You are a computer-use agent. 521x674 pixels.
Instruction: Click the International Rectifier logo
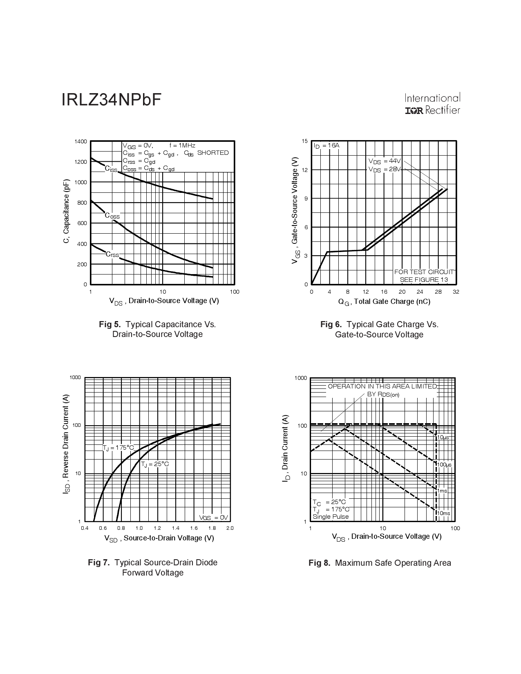[x=432, y=104]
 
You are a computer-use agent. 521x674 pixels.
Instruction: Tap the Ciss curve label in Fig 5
[x=111, y=169]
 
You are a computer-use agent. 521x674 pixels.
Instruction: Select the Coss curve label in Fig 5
[x=112, y=216]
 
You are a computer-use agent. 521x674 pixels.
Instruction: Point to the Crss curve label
[x=112, y=254]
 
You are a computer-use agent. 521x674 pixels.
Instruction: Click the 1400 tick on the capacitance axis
[x=81, y=141]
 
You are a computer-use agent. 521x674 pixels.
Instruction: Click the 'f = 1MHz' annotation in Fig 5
[x=182, y=145]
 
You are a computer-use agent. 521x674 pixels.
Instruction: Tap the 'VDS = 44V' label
[x=385, y=161]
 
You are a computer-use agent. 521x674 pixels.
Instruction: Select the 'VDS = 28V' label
[x=385, y=169]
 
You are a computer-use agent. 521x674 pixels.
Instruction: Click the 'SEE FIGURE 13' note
[x=424, y=280]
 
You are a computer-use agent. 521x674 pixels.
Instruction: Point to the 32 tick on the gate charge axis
[x=456, y=292]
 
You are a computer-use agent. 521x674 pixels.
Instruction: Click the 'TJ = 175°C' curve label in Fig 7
[x=118, y=448]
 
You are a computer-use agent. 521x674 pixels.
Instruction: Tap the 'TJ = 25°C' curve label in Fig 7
[x=155, y=464]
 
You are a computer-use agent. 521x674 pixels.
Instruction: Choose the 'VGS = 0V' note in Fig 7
[x=213, y=518]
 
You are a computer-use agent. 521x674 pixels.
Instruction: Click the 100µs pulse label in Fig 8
[x=444, y=465]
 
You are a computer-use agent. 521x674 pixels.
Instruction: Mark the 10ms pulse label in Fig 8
[x=444, y=513]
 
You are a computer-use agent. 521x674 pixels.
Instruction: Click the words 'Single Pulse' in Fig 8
[x=331, y=517]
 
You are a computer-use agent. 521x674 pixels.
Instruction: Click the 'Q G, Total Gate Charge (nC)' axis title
[x=384, y=302]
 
